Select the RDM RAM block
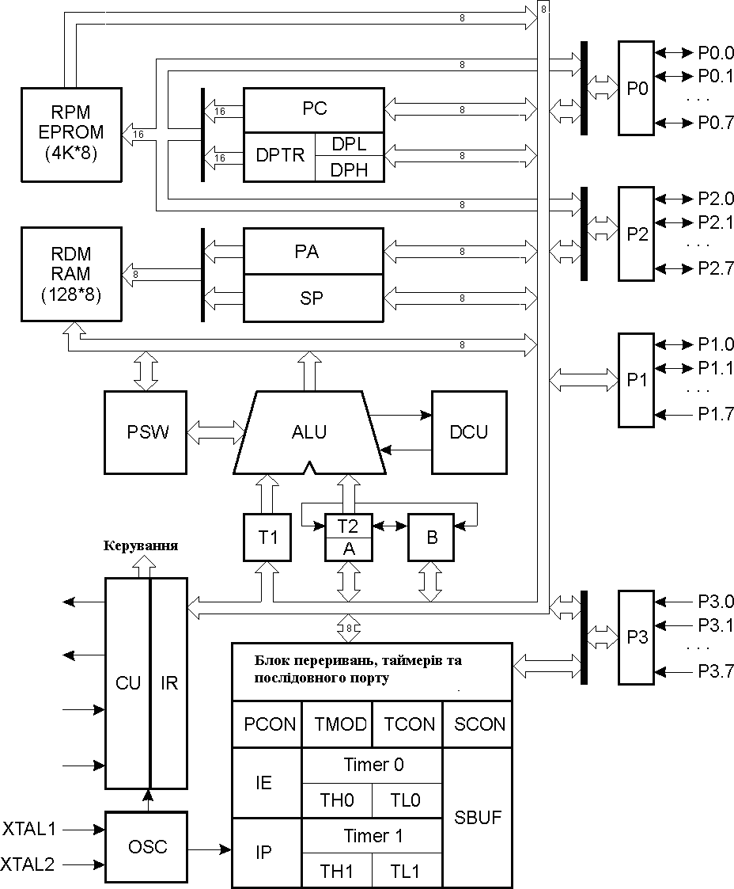71,274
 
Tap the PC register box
313,108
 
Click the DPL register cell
350,144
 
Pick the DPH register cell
350,169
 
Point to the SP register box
313,298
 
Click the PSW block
148,432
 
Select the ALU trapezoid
308,432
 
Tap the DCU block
468,432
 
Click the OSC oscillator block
148,847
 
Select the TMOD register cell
337,724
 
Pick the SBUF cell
478,817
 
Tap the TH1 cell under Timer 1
336,872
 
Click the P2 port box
637,234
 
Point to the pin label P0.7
716,123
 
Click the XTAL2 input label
29,864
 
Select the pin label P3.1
716,625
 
